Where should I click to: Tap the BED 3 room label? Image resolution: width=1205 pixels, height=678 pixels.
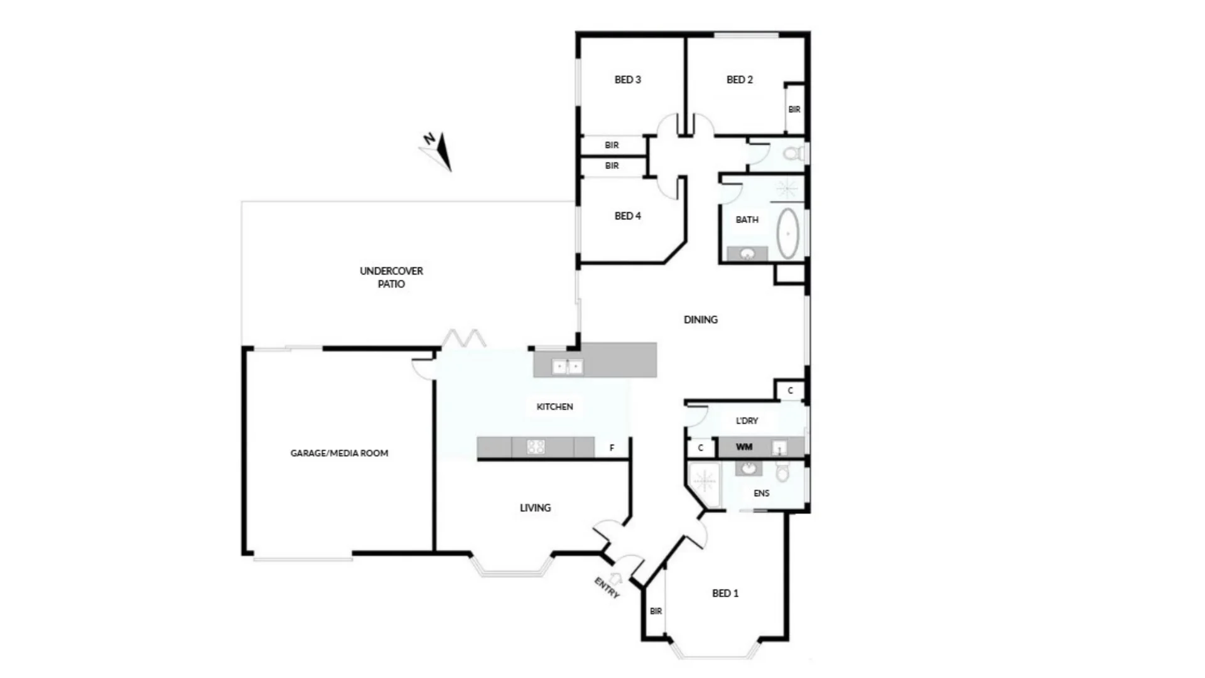(x=627, y=80)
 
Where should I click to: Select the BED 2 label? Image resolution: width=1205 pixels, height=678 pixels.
(x=739, y=80)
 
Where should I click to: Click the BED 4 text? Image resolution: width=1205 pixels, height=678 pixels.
(x=627, y=216)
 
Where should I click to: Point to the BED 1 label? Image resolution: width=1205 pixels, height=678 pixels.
(x=725, y=593)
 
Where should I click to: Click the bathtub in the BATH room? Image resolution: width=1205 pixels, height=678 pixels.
(x=788, y=234)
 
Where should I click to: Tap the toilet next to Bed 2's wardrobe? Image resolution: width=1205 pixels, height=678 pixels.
(x=794, y=153)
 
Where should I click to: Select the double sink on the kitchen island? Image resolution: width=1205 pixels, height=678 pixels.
(x=568, y=366)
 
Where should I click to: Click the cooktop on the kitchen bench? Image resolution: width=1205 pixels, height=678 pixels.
(x=536, y=447)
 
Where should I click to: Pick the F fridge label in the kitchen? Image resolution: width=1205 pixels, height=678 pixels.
(x=612, y=448)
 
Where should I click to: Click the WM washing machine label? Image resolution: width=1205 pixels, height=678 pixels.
(x=744, y=447)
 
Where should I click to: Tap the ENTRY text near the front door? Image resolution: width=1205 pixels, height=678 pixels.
(x=607, y=588)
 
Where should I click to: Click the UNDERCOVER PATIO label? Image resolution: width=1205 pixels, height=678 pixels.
(x=391, y=277)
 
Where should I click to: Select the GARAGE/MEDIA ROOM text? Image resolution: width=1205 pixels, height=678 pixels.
(x=339, y=453)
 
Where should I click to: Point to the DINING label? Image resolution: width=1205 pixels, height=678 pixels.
(x=700, y=320)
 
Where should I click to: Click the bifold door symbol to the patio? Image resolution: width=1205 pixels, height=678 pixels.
(x=463, y=339)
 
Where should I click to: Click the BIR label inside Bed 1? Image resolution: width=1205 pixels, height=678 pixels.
(x=656, y=611)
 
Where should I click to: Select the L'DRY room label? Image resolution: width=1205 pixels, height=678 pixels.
(x=747, y=421)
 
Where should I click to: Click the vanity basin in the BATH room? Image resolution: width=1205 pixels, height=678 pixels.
(x=747, y=254)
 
